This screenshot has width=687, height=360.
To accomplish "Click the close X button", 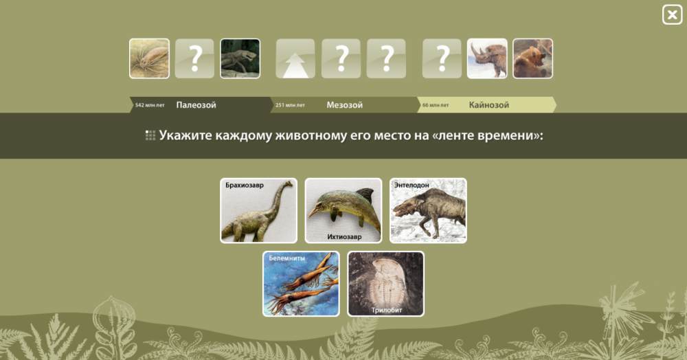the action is point(672,14).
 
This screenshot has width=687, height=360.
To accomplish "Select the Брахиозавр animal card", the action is point(258,210).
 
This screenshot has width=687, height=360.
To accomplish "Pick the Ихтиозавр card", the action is point(343,210).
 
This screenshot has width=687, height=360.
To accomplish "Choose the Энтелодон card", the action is point(428,210).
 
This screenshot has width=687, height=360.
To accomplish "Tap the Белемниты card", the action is point(301,283).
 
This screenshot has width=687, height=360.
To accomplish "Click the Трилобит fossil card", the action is point(386,283).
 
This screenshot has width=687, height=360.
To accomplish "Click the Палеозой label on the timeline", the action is point(196,105).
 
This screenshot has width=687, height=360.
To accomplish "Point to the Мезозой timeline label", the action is point(344,105).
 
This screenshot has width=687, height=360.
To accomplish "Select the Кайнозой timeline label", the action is point(489,105).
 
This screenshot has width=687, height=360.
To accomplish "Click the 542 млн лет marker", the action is point(150,105).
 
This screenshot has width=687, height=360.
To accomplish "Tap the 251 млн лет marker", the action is point(290,105).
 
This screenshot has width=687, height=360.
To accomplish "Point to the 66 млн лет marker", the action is point(436,105).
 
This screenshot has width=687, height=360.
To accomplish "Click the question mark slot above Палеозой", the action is point(194,58).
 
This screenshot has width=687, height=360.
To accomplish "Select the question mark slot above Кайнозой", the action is point(442,58).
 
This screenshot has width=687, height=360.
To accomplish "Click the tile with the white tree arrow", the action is point(295,58).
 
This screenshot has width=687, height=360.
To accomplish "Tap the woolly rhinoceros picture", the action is point(487,58).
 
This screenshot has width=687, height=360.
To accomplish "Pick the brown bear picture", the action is point(533,58).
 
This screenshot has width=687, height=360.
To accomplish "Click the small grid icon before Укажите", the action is point(150,135).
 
